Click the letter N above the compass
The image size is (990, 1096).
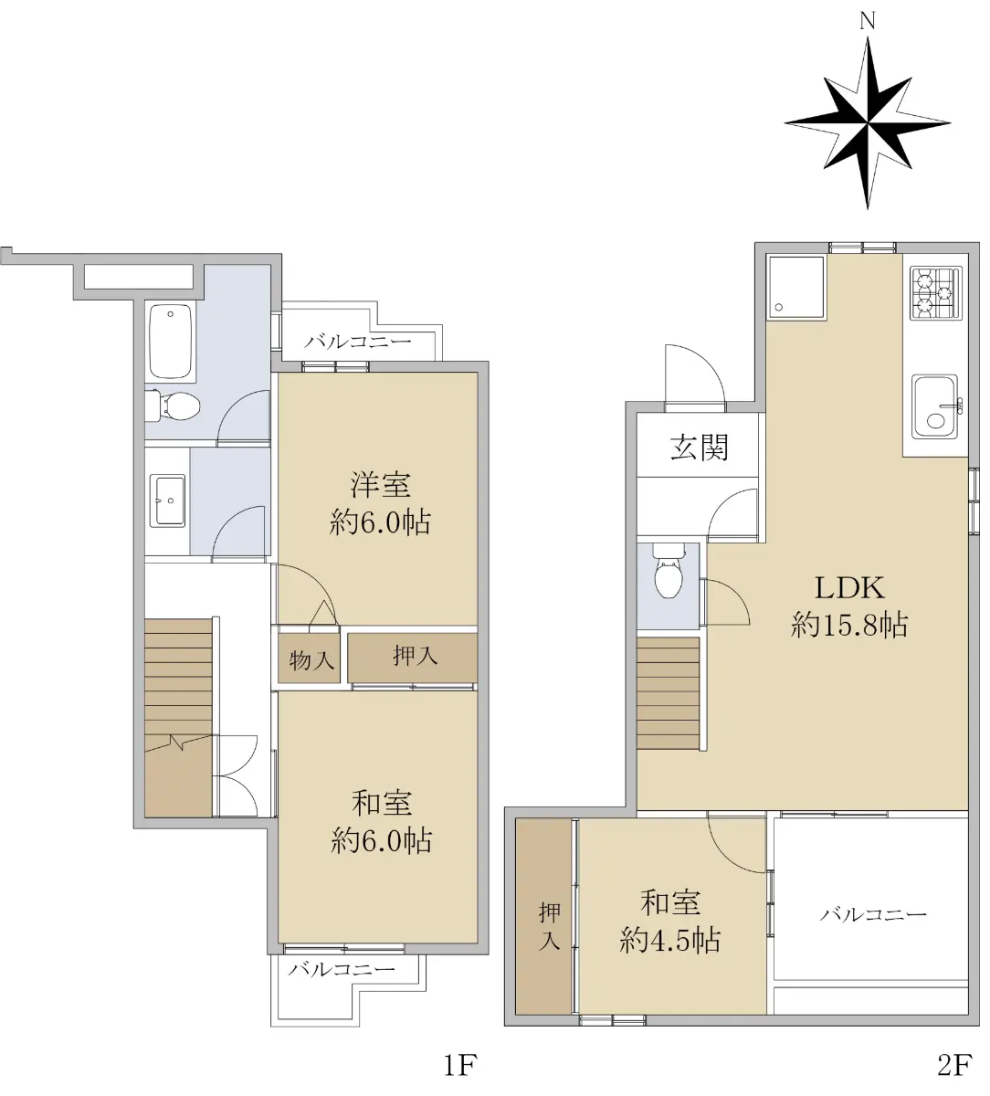pyautogui.click(x=867, y=21)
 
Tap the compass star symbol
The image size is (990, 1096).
pyautogui.click(x=868, y=123)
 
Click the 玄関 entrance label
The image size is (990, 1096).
pyautogui.click(x=700, y=447)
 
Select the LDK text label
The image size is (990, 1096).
pyautogui.click(x=849, y=588)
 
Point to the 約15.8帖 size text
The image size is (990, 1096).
pyautogui.click(x=849, y=625)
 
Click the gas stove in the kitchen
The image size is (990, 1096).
pyautogui.click(x=935, y=293)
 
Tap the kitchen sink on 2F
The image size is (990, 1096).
pyautogui.click(x=936, y=406)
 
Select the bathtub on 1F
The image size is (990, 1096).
pyautogui.click(x=171, y=342)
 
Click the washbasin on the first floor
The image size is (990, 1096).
pyautogui.click(x=167, y=501)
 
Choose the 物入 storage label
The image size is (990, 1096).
pyautogui.click(x=311, y=660)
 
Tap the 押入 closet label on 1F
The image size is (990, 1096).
pyautogui.click(x=416, y=656)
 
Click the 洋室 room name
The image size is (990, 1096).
pyautogui.click(x=380, y=484)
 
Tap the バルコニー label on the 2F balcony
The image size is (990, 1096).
pyautogui.click(x=873, y=914)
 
